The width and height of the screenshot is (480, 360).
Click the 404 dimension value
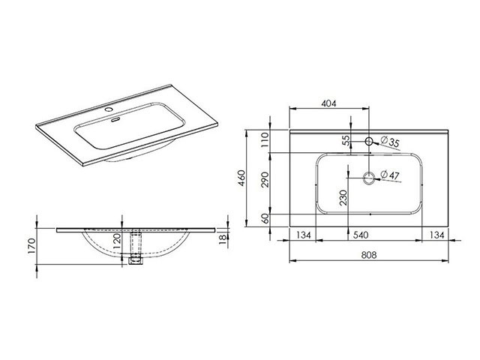click(x=328, y=103)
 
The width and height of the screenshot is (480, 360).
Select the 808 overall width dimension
click(x=368, y=255)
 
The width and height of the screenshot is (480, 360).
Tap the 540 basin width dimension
click(x=361, y=235)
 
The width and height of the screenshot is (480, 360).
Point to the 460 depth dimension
click(x=241, y=178)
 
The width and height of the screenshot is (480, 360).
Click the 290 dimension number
click(x=265, y=180)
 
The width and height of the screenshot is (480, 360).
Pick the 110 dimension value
click(x=265, y=139)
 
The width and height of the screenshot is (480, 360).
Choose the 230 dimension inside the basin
click(x=343, y=197)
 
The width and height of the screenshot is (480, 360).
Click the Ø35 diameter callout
click(x=390, y=142)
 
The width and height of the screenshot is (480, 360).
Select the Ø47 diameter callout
click(x=390, y=175)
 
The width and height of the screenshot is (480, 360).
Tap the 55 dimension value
click(x=346, y=140)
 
